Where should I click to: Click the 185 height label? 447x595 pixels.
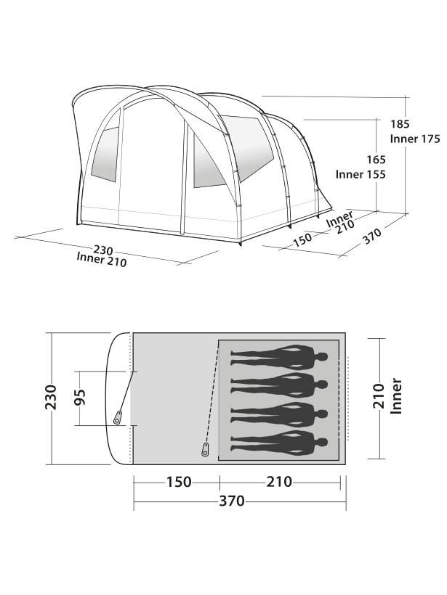(x=400, y=124)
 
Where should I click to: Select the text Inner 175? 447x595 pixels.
(x=415, y=139)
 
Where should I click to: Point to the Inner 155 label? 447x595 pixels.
(x=360, y=174)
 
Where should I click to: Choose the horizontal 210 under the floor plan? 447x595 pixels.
(x=278, y=482)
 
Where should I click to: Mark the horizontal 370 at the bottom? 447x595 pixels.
(x=233, y=501)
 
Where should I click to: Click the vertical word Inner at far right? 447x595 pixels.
(x=397, y=396)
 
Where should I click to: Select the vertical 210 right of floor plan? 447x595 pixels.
(x=377, y=396)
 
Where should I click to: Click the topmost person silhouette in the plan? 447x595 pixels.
(x=279, y=356)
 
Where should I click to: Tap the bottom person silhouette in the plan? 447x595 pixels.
(x=279, y=440)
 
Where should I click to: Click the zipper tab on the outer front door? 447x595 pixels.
(x=118, y=417)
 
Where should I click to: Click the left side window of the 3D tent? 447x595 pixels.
(x=103, y=156)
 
